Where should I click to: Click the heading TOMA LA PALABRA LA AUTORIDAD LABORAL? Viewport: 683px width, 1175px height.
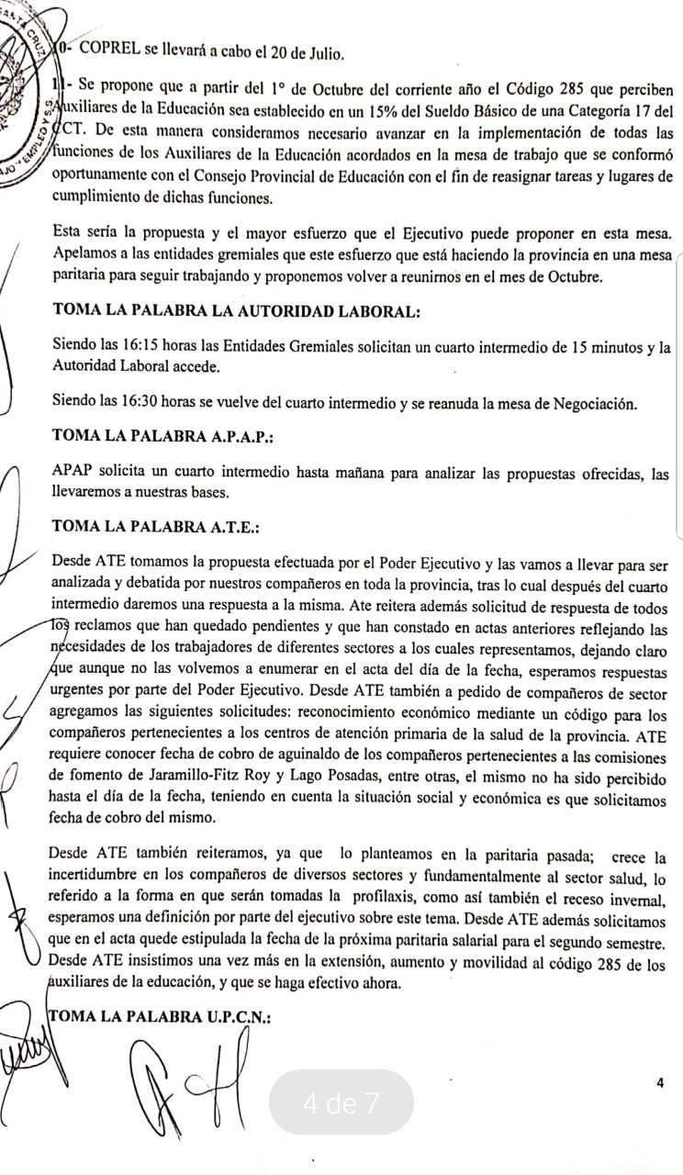click(237, 311)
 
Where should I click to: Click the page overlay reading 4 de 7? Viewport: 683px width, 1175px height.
click(341, 1102)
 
